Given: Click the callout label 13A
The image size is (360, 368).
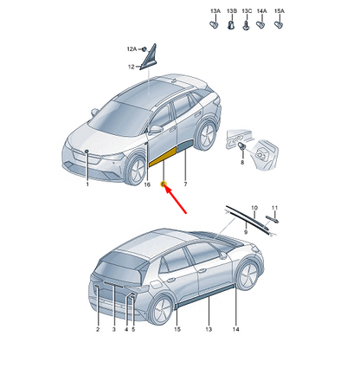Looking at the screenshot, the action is click(215, 11).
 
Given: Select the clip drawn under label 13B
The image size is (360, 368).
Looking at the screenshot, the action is click(230, 25).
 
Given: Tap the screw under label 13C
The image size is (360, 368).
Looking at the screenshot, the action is click(246, 25).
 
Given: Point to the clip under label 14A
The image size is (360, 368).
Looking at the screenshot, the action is click(260, 24).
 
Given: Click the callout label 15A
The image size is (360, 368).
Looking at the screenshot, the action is click(280, 11).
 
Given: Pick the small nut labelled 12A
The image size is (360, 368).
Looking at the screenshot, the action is click(145, 49).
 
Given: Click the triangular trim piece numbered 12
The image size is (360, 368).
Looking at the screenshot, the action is click(149, 57).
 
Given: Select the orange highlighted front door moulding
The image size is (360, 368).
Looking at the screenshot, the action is click(163, 157).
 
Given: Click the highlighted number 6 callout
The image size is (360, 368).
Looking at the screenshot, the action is click(163, 184).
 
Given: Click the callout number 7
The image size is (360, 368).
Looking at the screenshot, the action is click(185, 184).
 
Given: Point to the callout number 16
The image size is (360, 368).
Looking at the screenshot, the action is click(147, 184).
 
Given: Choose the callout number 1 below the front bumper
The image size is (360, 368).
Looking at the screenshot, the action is click(87, 184).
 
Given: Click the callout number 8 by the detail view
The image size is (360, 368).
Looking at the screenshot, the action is click(242, 162).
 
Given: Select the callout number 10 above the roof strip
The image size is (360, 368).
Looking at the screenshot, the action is click(254, 208).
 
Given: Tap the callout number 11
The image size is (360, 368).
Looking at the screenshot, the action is click(274, 208).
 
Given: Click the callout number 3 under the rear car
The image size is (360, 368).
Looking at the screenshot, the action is click(114, 329).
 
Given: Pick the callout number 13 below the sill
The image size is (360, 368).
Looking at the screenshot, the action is click(209, 329).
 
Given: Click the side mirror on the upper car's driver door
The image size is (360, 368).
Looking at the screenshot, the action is click(155, 130).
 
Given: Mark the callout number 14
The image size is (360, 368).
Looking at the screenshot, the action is click(236, 329).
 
